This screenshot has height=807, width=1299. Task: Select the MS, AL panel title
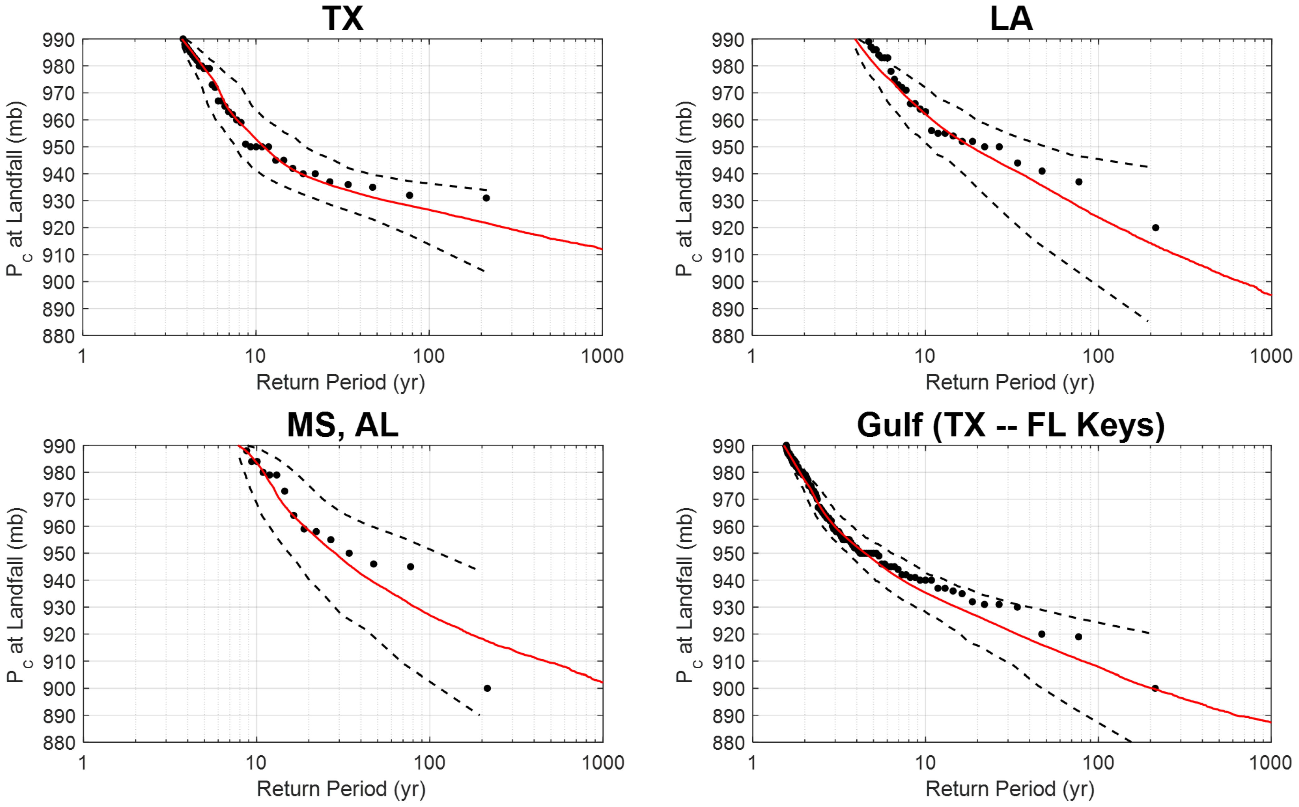pos(343,425)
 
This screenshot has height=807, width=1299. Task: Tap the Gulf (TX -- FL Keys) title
pos(1011,425)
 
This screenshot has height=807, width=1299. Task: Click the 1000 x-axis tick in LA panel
pos(1271,356)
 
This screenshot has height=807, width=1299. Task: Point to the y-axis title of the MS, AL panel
pos(16,595)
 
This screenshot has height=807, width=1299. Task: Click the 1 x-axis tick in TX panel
pos(82,356)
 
